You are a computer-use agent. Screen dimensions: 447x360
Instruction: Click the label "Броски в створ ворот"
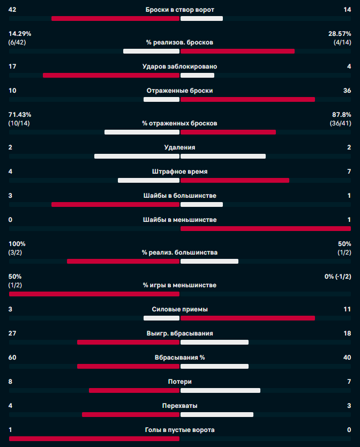(x=179, y=10)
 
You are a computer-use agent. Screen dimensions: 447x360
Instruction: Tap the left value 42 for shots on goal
(x=13, y=10)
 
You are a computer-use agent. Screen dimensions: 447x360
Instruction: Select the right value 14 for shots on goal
(x=348, y=10)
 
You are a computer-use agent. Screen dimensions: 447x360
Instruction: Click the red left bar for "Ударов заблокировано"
(x=111, y=75)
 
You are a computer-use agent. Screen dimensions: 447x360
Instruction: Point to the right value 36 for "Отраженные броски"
(x=347, y=91)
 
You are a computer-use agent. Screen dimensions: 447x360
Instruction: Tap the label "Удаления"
(x=179, y=147)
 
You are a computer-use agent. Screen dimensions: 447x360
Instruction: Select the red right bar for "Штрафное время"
(x=235, y=180)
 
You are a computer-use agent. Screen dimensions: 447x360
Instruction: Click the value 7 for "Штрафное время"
(x=349, y=172)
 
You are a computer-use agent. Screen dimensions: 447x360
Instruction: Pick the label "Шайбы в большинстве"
(x=179, y=196)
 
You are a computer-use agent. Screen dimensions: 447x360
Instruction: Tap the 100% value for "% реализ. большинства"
(x=17, y=244)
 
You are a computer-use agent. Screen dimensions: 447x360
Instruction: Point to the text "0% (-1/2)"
(x=337, y=277)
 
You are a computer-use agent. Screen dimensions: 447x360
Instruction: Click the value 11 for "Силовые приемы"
(x=347, y=309)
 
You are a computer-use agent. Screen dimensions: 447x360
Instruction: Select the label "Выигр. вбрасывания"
(x=179, y=333)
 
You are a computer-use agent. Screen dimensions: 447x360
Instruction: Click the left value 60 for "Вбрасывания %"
(x=13, y=357)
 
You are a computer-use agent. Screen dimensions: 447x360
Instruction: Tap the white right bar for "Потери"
(x=220, y=390)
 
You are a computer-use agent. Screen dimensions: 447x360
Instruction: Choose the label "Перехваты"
(x=179, y=406)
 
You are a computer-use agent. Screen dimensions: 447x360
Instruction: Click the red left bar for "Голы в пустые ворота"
(x=94, y=438)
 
